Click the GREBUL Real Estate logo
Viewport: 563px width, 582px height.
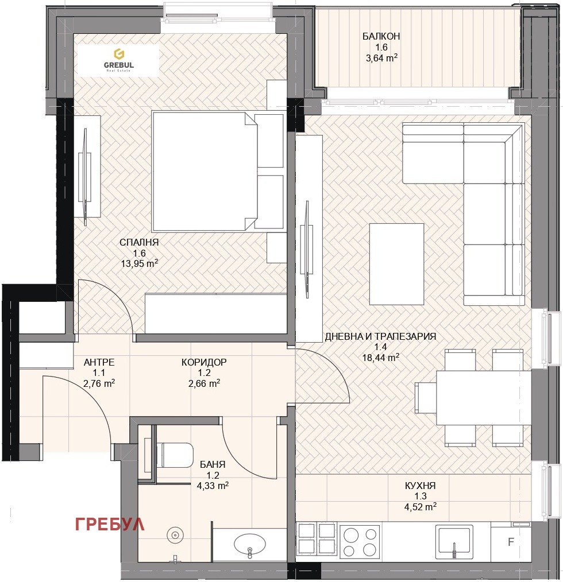point(118,60)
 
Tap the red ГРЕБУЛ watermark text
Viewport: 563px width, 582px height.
point(110,524)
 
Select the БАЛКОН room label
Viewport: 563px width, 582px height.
point(381,36)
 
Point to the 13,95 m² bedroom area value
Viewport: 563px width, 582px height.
point(140,263)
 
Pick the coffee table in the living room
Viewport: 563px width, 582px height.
point(397,264)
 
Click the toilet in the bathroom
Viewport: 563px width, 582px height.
point(175,455)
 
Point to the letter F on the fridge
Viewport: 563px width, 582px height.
point(511,542)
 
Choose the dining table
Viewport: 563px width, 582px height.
point(484,398)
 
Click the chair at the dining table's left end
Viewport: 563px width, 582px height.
point(426,398)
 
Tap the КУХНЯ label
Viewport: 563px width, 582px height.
point(421,486)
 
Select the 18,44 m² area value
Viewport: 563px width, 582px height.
point(381,358)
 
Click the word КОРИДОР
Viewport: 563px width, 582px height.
point(204,362)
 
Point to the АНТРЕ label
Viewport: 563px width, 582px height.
point(99,362)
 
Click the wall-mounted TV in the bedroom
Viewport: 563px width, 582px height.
point(84,177)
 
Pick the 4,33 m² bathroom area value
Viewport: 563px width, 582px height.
point(213,486)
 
